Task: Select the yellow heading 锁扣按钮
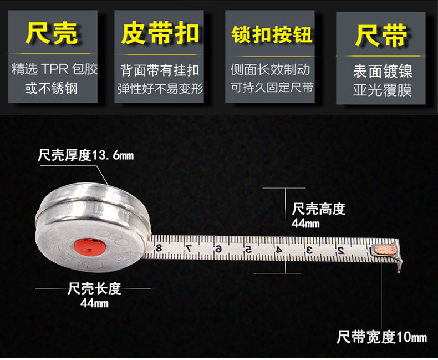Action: (272, 34)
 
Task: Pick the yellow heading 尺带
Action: (381, 34)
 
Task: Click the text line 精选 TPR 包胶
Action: (54, 70)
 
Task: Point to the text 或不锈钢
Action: (51, 88)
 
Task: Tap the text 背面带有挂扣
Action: (160, 70)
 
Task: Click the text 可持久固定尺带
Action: (272, 88)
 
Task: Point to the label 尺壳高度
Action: (318, 209)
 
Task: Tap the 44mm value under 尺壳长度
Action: (94, 303)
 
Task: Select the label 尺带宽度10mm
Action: (381, 337)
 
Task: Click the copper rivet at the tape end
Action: (386, 250)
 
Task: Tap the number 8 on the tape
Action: (159, 247)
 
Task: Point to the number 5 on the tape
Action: (248, 249)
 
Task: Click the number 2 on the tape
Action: (340, 250)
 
